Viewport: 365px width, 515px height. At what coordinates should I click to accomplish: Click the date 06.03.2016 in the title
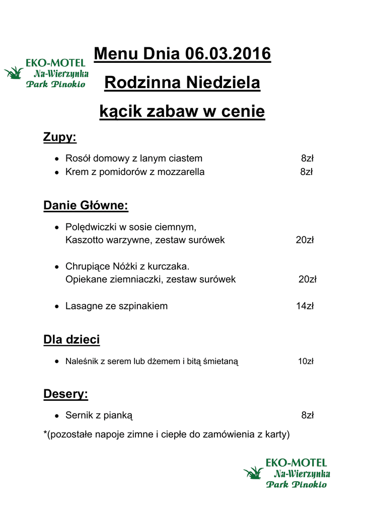click(x=228, y=53)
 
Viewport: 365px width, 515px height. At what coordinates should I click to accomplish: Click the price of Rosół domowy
click(x=307, y=158)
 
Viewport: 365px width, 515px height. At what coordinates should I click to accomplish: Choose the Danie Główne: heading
click(x=86, y=205)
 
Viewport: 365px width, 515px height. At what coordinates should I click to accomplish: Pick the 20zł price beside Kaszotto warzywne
click(x=305, y=240)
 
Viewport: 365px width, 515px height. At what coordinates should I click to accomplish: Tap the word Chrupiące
click(x=87, y=266)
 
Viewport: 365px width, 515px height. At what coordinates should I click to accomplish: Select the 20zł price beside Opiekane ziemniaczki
click(x=307, y=279)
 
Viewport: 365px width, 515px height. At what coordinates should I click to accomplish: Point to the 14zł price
click(x=305, y=306)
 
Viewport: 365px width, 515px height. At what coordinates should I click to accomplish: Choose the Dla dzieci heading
click(x=71, y=339)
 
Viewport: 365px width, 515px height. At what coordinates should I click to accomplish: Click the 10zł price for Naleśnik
click(x=306, y=361)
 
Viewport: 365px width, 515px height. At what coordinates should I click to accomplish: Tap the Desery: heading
click(x=65, y=394)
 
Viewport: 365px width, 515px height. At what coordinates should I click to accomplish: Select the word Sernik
click(x=78, y=415)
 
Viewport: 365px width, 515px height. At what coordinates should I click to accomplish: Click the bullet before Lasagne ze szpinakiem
click(x=57, y=306)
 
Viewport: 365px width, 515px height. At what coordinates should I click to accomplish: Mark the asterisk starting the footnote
click(x=45, y=433)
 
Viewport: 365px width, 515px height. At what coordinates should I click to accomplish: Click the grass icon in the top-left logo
click(x=14, y=73)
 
